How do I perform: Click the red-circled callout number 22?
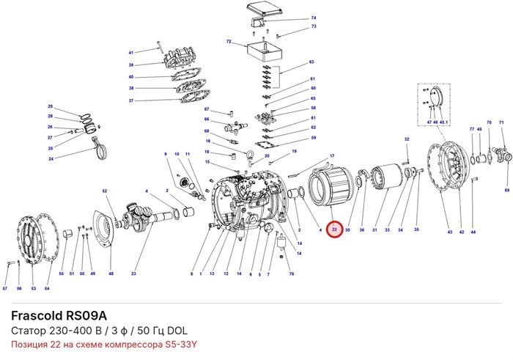[x=334, y=229]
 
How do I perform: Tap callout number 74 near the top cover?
[x=314, y=18]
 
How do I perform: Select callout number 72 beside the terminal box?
[x=229, y=42]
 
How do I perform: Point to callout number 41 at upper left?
[x=131, y=53]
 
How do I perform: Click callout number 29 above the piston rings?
[x=50, y=106]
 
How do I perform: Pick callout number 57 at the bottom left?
[x=5, y=289]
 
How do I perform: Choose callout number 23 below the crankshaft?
[x=133, y=273]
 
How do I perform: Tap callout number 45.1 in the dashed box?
[x=443, y=122]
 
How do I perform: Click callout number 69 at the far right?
[x=507, y=190]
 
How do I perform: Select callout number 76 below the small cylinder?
[x=292, y=274]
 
